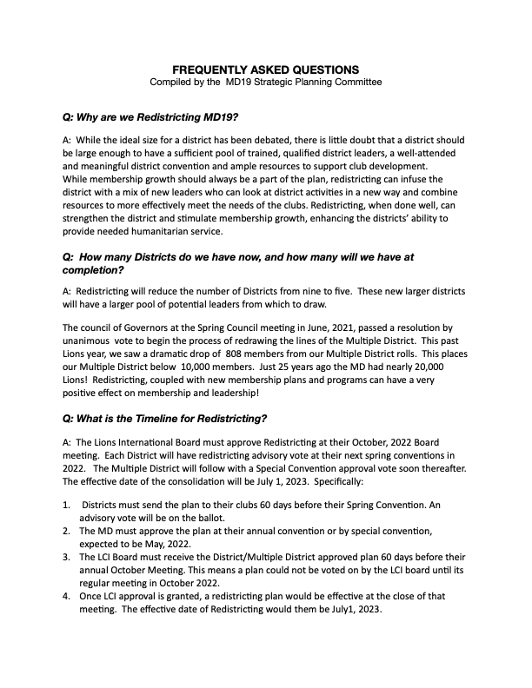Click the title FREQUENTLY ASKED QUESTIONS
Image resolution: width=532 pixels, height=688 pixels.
point(266,69)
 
